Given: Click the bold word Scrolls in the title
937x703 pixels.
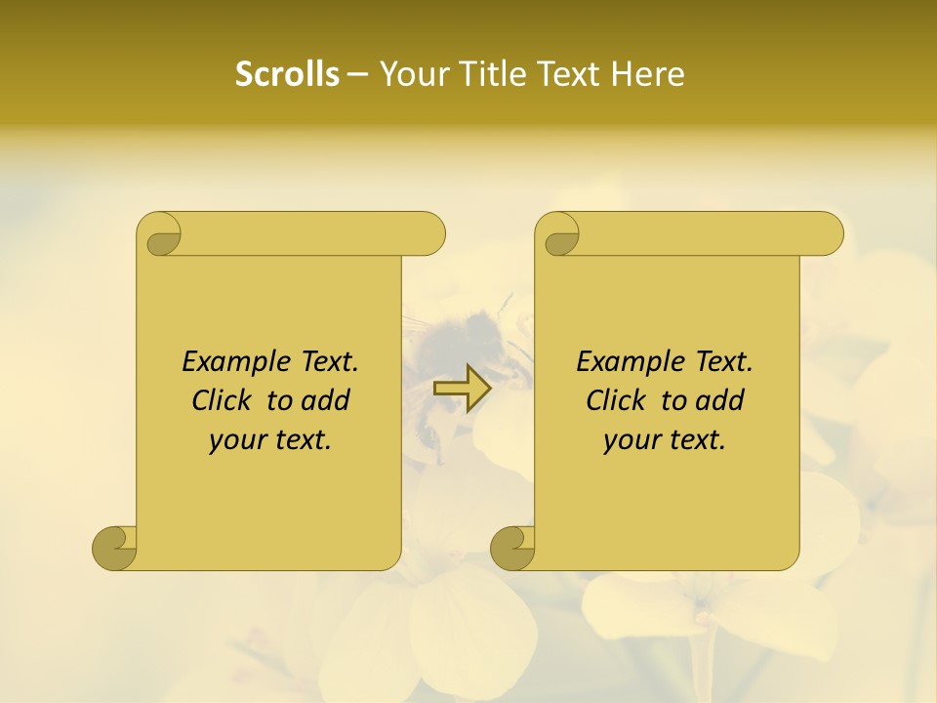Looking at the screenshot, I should (x=287, y=74).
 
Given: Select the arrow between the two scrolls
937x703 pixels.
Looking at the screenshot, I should (x=463, y=389).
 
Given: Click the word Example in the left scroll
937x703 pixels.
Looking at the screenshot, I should (x=227, y=362).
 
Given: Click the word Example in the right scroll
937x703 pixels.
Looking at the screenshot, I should (x=622, y=362).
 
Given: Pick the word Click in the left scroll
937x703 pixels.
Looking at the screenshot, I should (x=224, y=400).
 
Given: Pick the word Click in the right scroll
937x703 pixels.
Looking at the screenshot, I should (x=618, y=400).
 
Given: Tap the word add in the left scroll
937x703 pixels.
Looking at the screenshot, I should (x=326, y=400).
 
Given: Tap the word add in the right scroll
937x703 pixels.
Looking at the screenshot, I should (x=720, y=400).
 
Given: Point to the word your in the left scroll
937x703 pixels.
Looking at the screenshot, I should (x=235, y=439).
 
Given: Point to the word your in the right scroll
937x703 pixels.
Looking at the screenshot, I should (x=630, y=439).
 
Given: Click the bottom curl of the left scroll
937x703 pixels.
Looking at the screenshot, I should (x=115, y=548).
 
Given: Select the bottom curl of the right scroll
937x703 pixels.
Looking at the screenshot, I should (x=513, y=548).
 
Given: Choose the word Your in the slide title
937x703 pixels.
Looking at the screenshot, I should (x=411, y=74).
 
